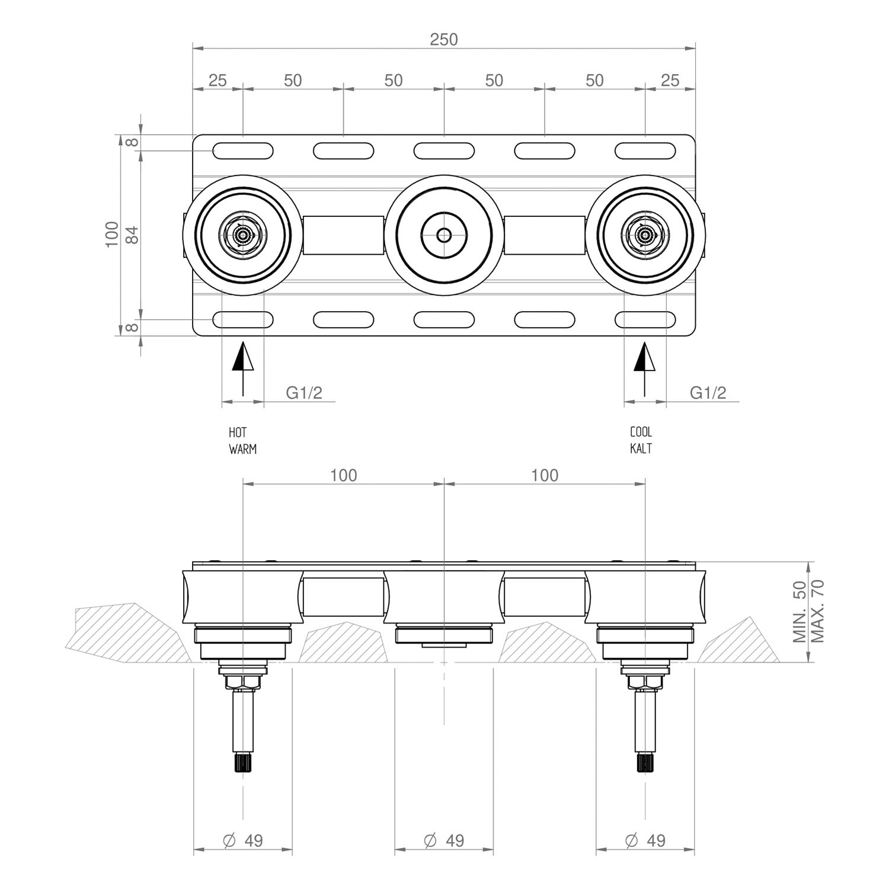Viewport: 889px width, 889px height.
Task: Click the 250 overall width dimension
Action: coord(444,39)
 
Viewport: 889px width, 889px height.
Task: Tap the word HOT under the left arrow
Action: coord(238,433)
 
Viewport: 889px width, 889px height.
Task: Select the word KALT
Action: coord(641,449)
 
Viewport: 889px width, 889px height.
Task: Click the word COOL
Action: coord(641,432)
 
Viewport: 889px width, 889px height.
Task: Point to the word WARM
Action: coord(242,449)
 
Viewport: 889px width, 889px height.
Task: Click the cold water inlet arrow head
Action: coord(645,357)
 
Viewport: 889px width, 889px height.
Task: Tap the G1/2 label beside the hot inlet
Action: coord(304,392)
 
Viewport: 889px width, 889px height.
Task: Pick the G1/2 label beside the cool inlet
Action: coord(708,392)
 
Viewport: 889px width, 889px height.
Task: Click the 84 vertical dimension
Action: coord(133,235)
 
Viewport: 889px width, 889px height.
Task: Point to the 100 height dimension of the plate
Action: coord(112,235)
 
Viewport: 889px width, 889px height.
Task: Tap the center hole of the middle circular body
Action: coord(444,235)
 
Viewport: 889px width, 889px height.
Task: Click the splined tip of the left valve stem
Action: coord(242,762)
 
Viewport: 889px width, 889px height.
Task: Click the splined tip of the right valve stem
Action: coord(645,762)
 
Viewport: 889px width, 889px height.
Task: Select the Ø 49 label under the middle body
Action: coord(444,840)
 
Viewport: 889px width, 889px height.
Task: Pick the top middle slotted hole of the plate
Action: coord(444,151)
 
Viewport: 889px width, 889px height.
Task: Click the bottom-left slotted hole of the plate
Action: coord(242,320)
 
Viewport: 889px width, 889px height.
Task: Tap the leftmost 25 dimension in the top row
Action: coord(218,80)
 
